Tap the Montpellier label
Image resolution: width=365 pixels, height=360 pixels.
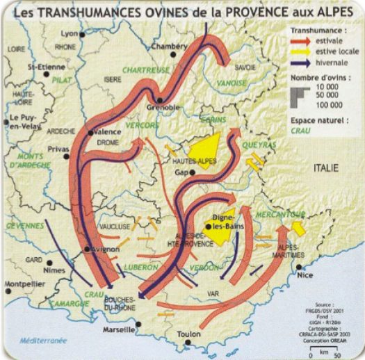coord(24,284)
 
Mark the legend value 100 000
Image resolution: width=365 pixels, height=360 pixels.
coord(328,104)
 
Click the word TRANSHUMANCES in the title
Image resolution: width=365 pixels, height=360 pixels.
coord(90,12)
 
